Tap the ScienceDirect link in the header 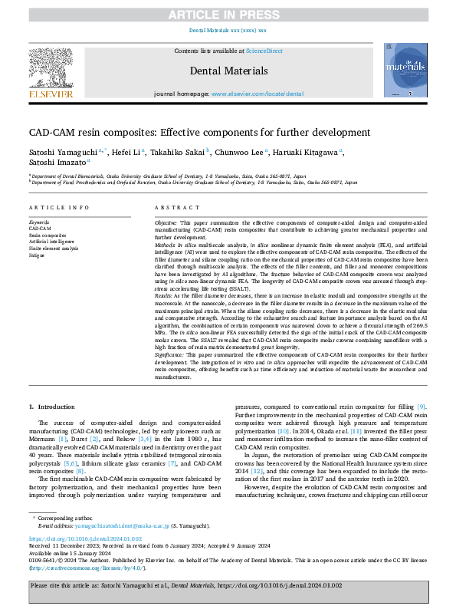264,51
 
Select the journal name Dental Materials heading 228,71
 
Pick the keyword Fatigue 38,254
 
